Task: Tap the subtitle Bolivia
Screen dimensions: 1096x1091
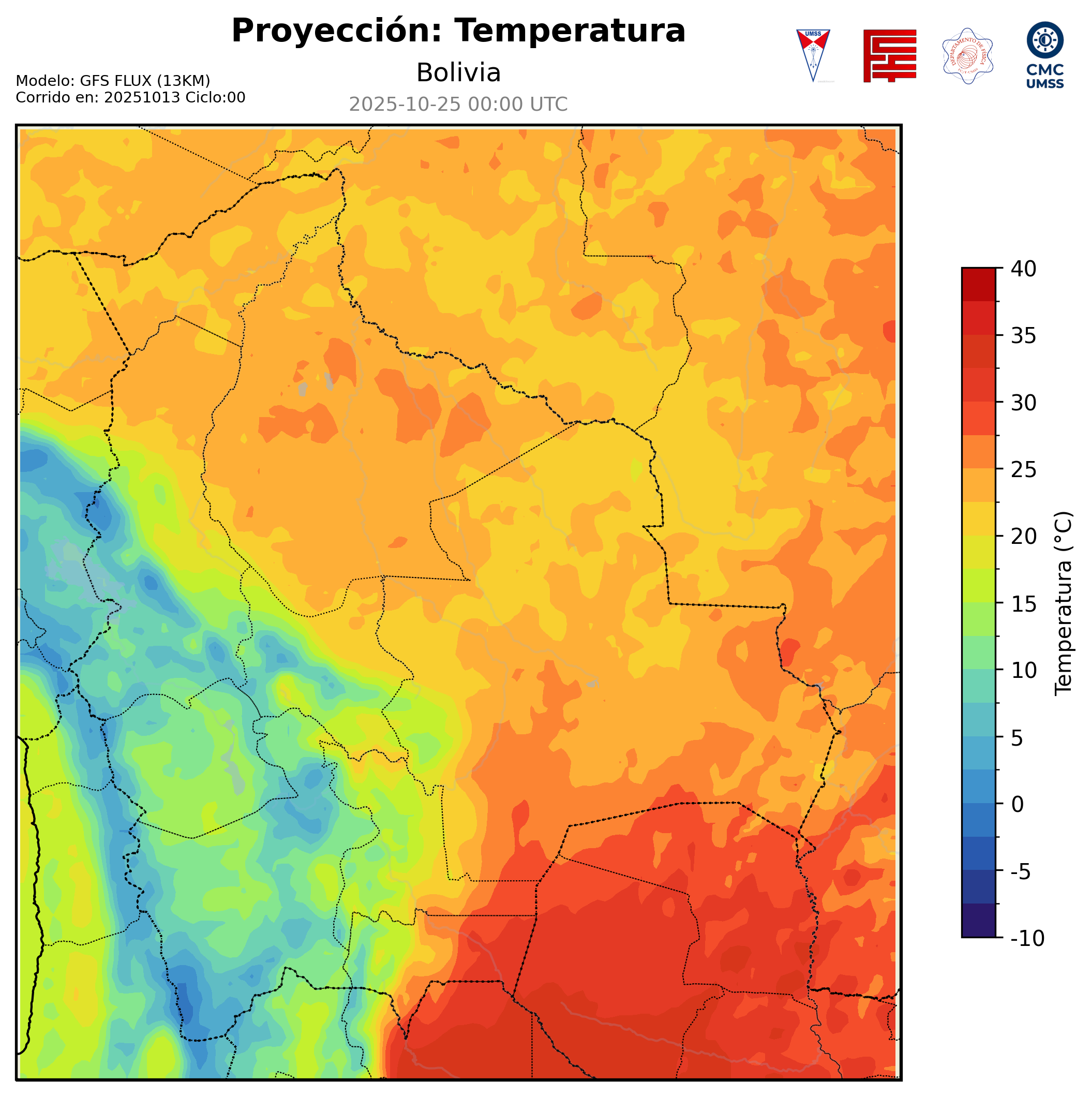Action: pos(458,72)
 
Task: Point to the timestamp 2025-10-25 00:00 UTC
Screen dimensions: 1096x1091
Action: pos(458,105)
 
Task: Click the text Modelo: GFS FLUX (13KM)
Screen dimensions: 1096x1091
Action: pos(113,81)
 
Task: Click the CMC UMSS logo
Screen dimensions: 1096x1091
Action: pos(1044,54)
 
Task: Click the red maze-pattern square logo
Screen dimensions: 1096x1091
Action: pos(889,55)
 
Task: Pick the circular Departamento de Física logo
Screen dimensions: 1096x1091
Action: pos(967,55)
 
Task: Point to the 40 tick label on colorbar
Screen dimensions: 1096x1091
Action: pos(1024,269)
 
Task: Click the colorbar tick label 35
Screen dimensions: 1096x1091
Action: pos(1024,336)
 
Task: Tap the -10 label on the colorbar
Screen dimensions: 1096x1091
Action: pos(1027,938)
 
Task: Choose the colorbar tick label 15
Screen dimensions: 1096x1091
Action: pos(1024,603)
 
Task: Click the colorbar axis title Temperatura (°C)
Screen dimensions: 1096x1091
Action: pos(1063,603)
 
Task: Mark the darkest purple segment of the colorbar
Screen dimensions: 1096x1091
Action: pos(978,921)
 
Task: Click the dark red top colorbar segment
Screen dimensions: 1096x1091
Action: pos(978,284)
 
